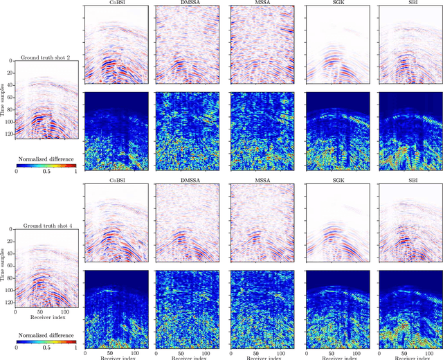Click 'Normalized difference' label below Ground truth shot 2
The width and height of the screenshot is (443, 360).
(45, 158)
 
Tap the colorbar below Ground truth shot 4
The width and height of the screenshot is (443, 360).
(45, 337)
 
